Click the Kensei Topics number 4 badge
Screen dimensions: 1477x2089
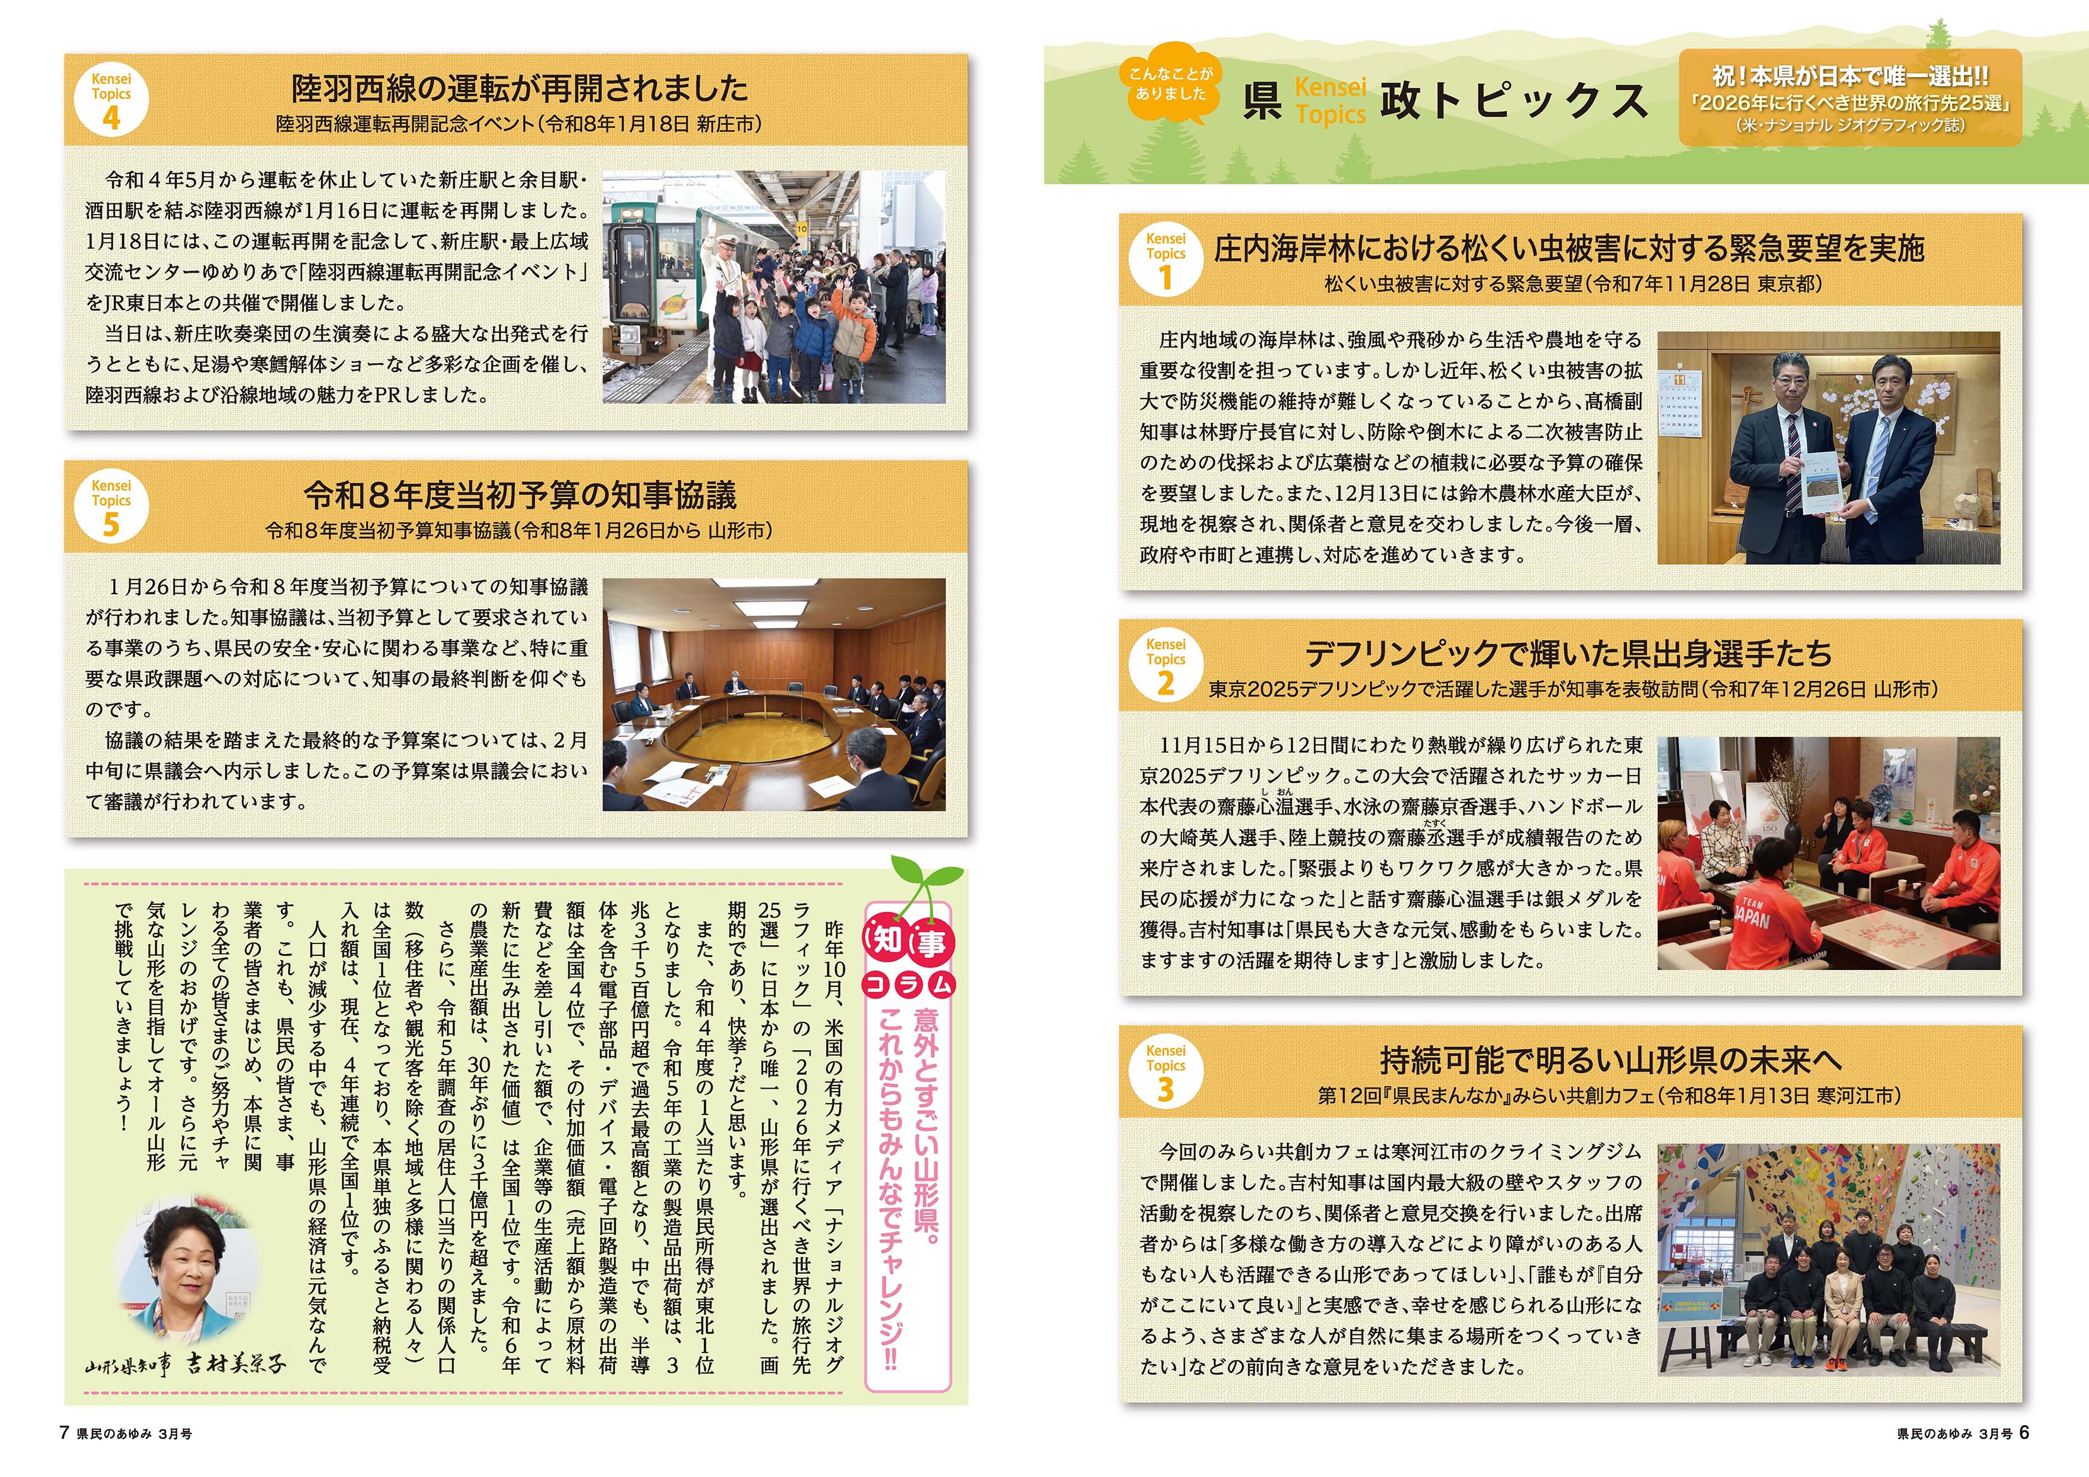(x=111, y=100)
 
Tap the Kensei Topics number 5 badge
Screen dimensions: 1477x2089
(x=111, y=506)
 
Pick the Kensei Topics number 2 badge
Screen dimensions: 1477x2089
(x=1165, y=666)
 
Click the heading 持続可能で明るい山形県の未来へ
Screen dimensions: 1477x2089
(x=1610, y=1060)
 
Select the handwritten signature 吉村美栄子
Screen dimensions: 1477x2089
(x=235, y=1363)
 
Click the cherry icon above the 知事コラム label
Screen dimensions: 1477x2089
(x=924, y=880)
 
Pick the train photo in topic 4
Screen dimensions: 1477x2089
(x=773, y=287)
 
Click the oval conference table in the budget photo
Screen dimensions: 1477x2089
(x=755, y=727)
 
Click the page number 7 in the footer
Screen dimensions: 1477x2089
(x=64, y=1432)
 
